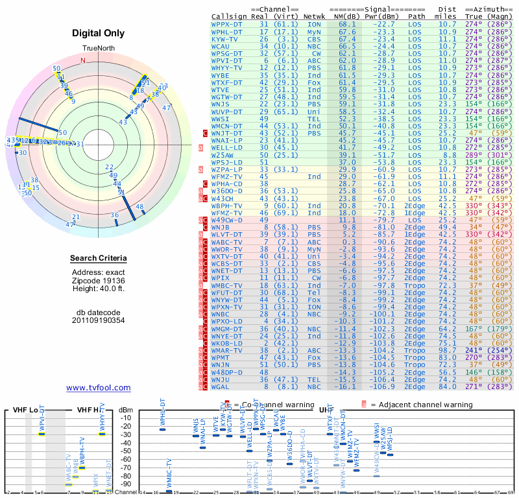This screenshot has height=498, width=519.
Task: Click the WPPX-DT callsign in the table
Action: pos(226,24)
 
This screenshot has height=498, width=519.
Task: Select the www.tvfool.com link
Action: pos(98,388)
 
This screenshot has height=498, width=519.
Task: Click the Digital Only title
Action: pos(98,33)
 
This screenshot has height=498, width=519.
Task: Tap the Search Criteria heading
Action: pos(98,259)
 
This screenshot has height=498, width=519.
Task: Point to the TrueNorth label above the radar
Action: pos(98,49)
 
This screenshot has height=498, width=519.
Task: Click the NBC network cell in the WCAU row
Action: pos(314,46)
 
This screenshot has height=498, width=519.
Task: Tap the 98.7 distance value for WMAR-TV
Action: pos(447,350)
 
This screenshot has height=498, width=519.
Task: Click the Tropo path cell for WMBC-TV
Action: pos(416,285)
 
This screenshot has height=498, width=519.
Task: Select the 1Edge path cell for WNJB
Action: pos(416,227)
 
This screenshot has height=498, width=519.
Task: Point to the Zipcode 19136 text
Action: pos(98,281)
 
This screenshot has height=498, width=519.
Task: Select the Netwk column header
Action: pos(314,16)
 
